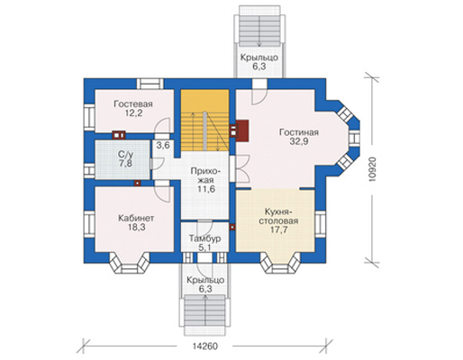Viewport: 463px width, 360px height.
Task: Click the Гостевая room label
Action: click(133, 104)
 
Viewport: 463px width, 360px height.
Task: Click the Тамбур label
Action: click(205, 238)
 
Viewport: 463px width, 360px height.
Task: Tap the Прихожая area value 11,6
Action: click(206, 189)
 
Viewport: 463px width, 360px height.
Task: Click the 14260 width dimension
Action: click(204, 346)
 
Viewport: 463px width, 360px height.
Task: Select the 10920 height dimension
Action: click(373, 170)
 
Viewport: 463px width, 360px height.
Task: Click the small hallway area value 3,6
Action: click(163, 146)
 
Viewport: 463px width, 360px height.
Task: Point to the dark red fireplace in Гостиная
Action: click(242, 130)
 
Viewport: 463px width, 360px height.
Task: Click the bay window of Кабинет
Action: click(130, 263)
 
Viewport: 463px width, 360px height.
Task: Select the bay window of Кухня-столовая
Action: click(280, 263)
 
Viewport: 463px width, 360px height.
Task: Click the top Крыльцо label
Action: click(259, 58)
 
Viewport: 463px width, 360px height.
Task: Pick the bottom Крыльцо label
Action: click(205, 280)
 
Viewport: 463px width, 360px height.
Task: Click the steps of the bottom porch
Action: click(205, 311)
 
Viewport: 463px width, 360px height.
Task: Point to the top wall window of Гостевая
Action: click(150, 84)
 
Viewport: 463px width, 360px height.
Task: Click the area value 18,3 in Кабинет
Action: click(136, 227)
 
